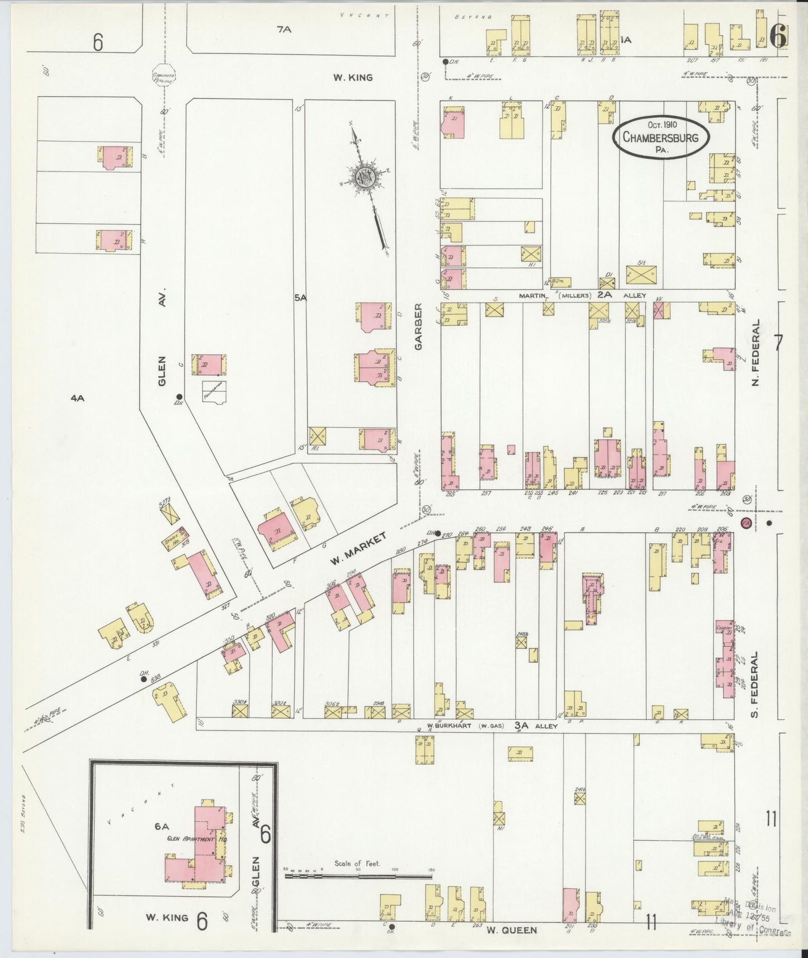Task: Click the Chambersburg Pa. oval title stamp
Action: tap(660, 137)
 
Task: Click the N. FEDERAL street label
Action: tap(755, 353)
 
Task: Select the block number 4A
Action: tap(77, 398)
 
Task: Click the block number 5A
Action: tap(300, 298)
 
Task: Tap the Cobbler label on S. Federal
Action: tap(724, 627)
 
